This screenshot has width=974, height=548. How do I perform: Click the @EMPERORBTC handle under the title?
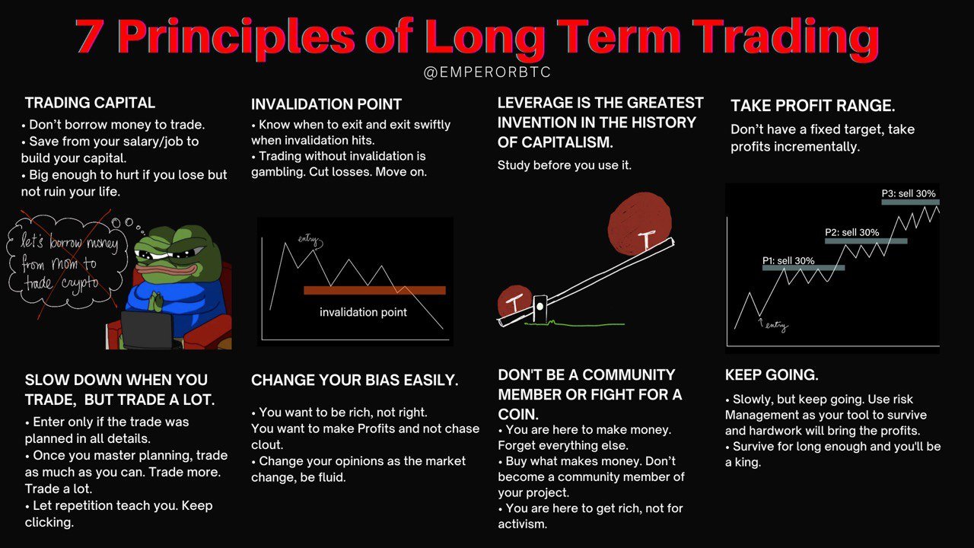(x=487, y=72)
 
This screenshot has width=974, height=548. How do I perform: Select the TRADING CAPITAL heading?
(x=90, y=103)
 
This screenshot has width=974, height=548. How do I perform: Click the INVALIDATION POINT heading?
(x=326, y=104)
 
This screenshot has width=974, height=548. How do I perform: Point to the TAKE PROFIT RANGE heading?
(x=813, y=106)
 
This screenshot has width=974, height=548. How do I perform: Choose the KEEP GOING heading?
(x=772, y=375)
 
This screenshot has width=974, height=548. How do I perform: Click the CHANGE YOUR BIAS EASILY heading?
(x=355, y=380)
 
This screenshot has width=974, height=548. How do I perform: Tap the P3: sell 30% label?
(x=909, y=193)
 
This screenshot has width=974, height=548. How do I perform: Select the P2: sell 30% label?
(x=851, y=232)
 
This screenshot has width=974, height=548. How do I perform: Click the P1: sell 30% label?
(x=788, y=260)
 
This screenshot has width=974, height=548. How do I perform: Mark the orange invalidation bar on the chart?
(x=374, y=291)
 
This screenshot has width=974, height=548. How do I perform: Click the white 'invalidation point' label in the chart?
(x=363, y=312)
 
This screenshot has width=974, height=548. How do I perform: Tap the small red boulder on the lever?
(x=515, y=301)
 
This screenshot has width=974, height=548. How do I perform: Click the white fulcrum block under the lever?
(x=540, y=309)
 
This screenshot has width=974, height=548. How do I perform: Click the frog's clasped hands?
(x=154, y=300)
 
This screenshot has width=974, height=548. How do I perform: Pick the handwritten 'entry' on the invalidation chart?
(x=310, y=241)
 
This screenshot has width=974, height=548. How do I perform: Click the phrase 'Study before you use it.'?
(x=564, y=165)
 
